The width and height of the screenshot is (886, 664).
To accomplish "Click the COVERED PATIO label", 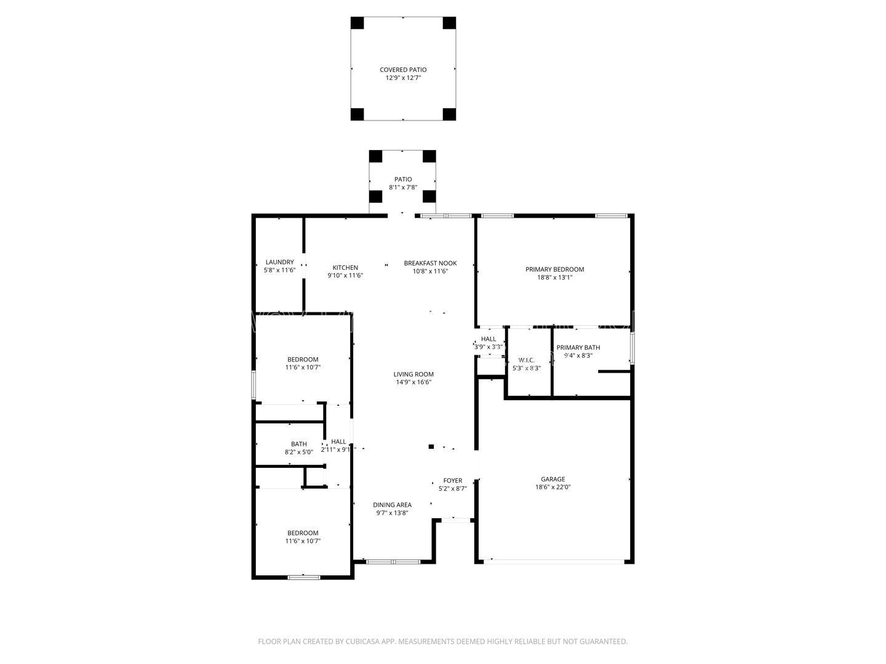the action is [403, 69].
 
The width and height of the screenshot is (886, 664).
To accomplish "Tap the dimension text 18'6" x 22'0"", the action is [553, 487].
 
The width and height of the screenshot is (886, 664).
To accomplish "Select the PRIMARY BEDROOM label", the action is [554, 269].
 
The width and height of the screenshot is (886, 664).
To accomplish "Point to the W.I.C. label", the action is [526, 360].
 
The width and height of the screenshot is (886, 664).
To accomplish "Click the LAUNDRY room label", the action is [280, 262].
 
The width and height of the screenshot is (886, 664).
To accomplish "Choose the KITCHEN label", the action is [345, 267].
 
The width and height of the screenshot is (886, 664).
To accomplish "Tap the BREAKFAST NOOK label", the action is [430, 263].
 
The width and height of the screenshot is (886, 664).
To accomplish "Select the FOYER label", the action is [452, 481].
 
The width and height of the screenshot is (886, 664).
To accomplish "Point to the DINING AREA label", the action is [392, 505].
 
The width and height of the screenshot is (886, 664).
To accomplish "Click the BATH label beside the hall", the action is [298, 445].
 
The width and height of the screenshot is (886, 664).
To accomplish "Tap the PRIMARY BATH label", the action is [578, 347].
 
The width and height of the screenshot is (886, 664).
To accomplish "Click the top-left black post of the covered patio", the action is [357, 23].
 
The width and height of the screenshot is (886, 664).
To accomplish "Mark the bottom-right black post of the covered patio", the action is [449, 114].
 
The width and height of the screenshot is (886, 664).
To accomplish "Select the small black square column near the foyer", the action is [431, 446].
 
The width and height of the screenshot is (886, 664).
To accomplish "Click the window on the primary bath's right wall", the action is [632, 348].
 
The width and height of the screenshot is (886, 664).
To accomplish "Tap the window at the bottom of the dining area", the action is [393, 561].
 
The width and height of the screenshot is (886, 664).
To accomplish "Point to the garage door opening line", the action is [554, 561].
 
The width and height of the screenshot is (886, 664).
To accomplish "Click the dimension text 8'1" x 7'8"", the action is [403, 188].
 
